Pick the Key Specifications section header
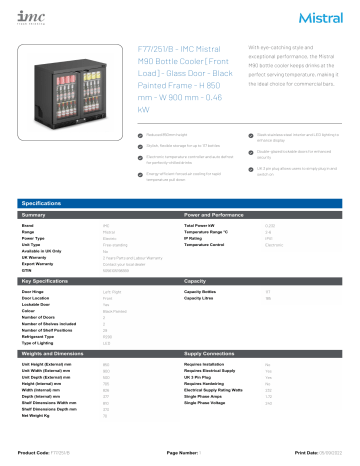45,282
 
